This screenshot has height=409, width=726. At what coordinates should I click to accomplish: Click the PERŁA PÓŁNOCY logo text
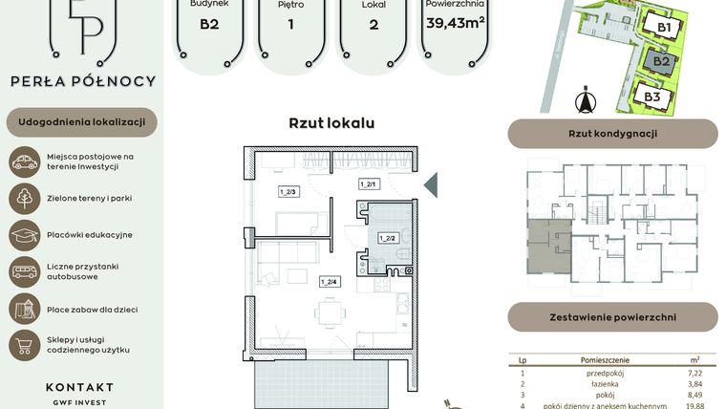[81, 82]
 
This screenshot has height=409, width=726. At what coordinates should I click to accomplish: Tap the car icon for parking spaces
[24, 161]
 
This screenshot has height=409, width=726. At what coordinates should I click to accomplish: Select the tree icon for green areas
[24, 198]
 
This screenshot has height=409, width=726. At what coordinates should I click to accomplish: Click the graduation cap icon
[24, 234]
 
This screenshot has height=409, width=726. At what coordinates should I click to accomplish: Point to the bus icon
[24, 271]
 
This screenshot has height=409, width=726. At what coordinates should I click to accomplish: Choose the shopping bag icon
[24, 344]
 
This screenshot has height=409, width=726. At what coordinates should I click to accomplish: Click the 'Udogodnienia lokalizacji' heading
[81, 122]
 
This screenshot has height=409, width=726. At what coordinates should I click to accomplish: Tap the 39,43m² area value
[455, 23]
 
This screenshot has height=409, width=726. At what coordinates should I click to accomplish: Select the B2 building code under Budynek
[209, 24]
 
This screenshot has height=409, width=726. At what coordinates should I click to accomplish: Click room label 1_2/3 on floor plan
[288, 191]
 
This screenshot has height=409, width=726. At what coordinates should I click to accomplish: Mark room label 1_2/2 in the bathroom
[387, 237]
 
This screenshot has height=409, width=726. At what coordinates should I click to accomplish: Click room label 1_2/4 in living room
[329, 281]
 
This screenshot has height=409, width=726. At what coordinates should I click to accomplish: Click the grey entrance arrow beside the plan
[430, 183]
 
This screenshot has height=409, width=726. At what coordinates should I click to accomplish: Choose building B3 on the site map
[652, 97]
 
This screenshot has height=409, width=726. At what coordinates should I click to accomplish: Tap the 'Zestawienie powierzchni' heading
[612, 316]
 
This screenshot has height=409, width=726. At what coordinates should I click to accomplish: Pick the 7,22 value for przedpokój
[694, 374]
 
